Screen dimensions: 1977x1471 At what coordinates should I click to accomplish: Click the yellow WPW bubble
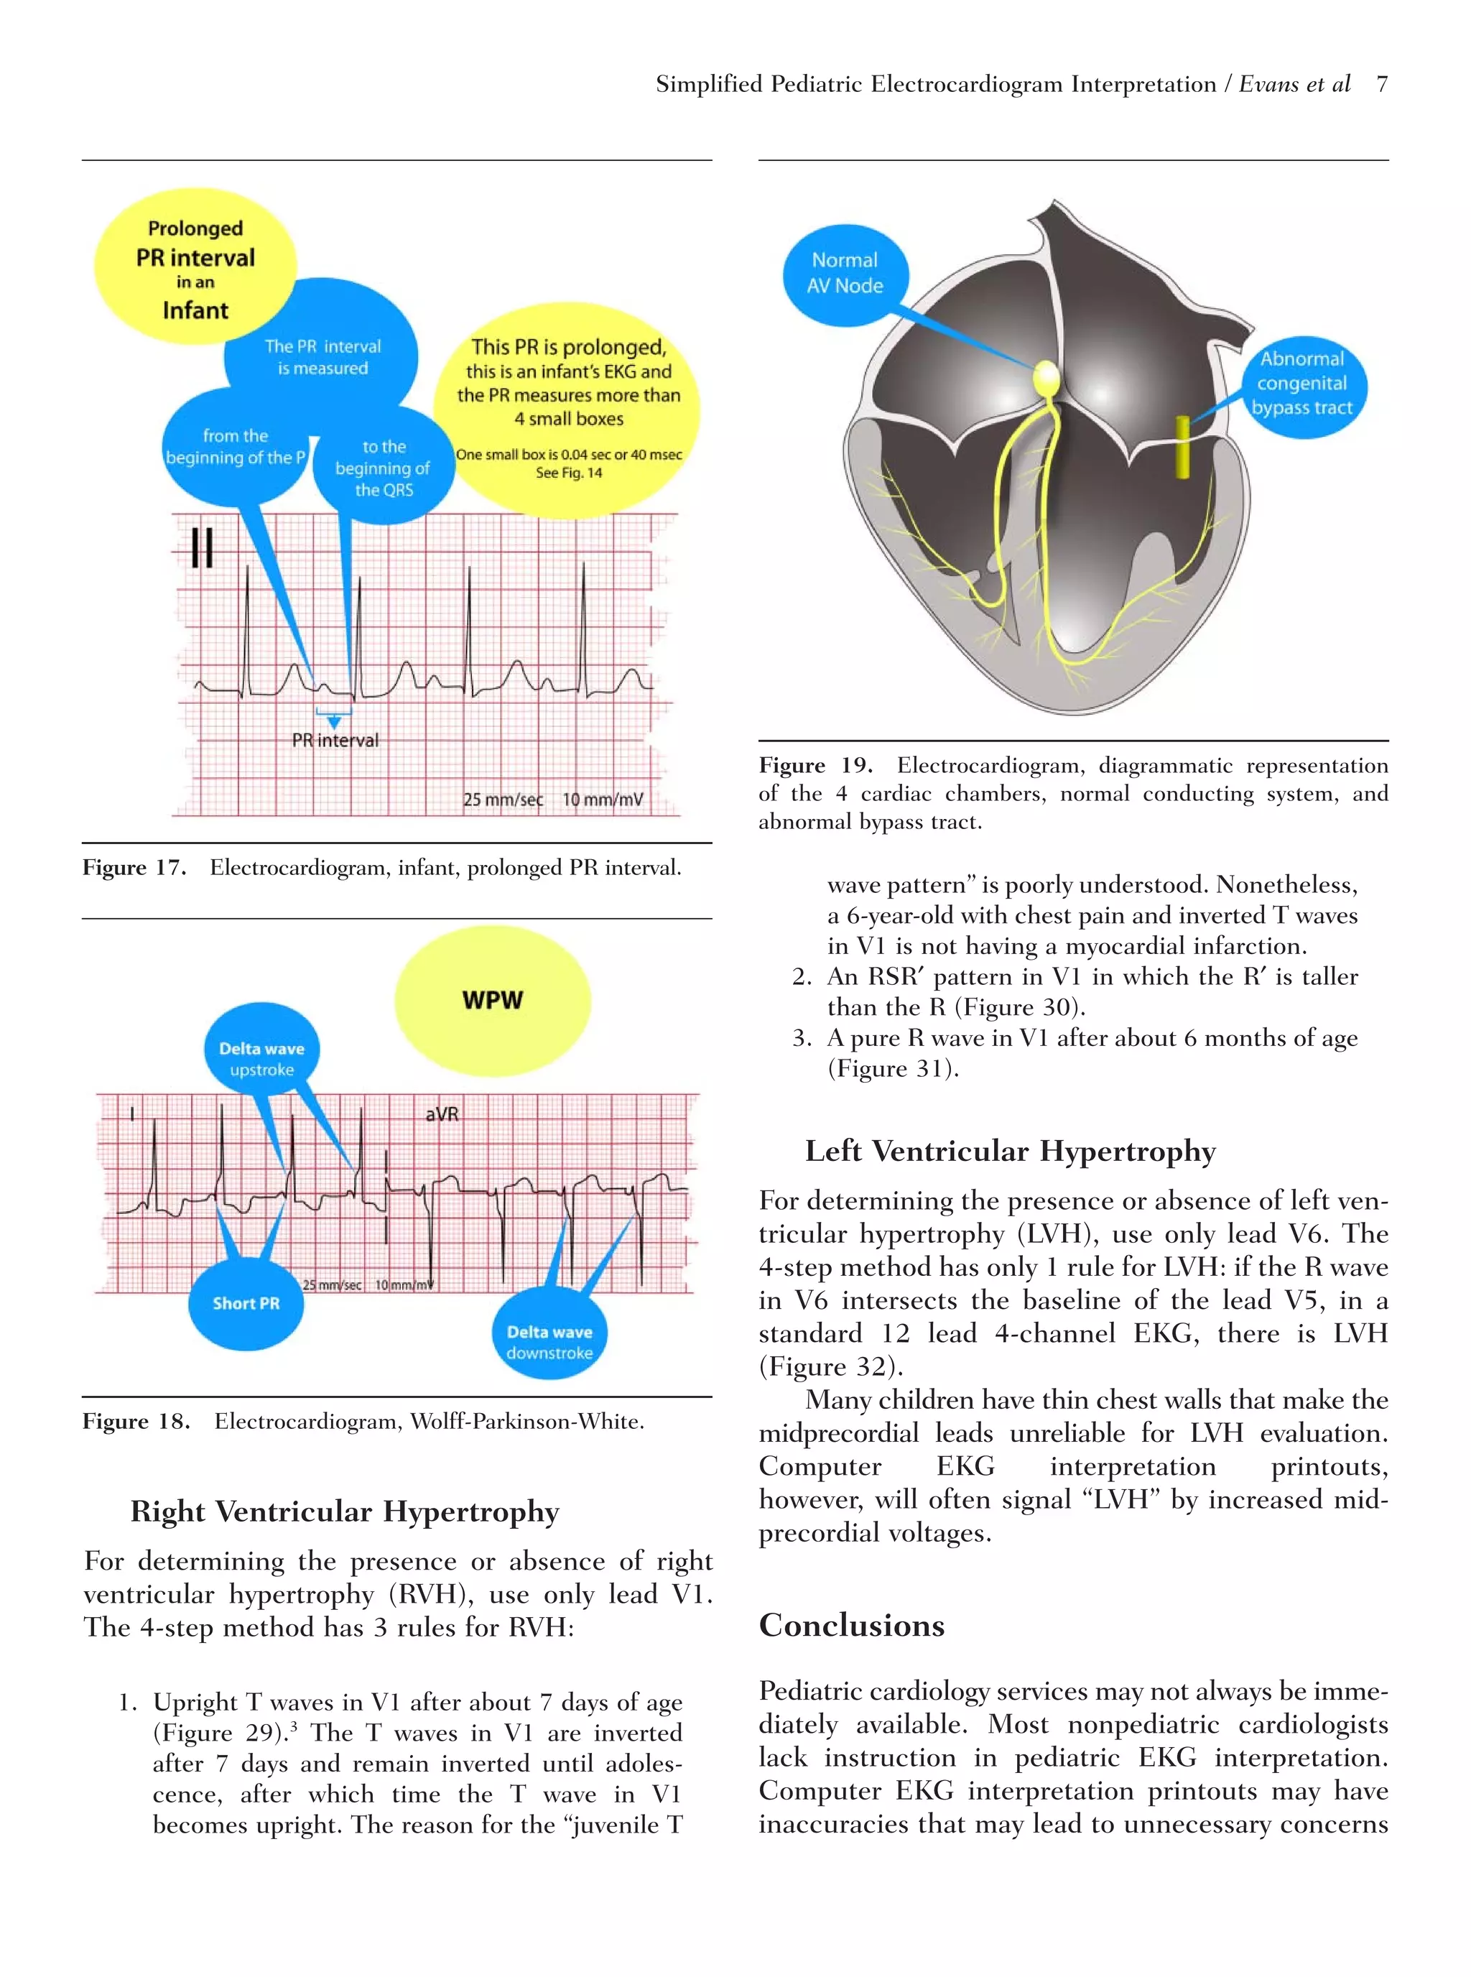tap(493, 1000)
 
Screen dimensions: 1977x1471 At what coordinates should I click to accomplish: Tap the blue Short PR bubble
tap(246, 1303)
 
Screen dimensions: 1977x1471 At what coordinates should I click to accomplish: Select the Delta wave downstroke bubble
tap(549, 1341)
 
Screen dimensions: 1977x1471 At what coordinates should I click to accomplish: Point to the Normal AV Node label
tap(844, 274)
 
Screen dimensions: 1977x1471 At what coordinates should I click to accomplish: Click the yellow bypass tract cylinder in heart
tap(1182, 446)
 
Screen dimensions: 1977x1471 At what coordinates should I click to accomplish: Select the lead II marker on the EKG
tap(202, 547)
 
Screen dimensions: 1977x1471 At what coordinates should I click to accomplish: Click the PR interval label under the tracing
tap(335, 740)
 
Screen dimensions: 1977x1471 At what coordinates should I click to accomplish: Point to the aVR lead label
tap(442, 1114)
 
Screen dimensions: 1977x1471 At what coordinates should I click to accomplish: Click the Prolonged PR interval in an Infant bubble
tap(195, 269)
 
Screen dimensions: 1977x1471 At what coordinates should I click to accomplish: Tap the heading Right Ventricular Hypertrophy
tap(345, 1511)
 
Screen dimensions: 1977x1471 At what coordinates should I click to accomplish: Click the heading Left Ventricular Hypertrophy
tap(1010, 1151)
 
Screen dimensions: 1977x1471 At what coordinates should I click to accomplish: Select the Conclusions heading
tap(851, 1625)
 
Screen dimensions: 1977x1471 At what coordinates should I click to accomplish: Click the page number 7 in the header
tap(1381, 84)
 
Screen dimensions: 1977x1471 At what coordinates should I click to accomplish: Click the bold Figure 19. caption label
tap(815, 766)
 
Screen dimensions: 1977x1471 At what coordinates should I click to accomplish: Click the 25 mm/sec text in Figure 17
tap(502, 799)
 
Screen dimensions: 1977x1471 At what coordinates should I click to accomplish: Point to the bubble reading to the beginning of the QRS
tap(384, 468)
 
